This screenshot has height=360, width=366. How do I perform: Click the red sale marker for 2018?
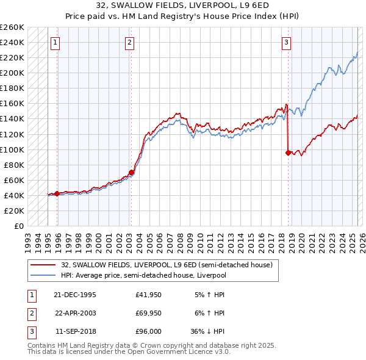[287, 153]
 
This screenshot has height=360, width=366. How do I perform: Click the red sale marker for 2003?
[131, 173]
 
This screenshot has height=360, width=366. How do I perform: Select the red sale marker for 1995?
[57, 194]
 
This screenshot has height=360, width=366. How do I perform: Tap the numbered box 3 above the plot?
[286, 42]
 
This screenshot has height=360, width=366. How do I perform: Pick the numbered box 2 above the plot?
[131, 42]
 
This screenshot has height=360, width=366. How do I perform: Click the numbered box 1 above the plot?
[56, 42]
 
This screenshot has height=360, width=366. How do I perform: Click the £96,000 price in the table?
[148, 331]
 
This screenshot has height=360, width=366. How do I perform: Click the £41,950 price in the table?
[148, 295]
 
